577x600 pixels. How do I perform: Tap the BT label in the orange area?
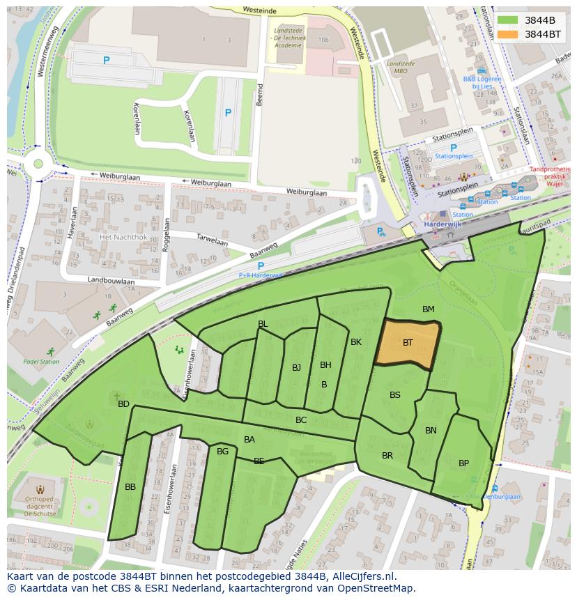point(408,342)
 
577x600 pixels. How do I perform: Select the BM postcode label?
point(428,309)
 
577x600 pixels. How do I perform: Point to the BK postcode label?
point(356,341)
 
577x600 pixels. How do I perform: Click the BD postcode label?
point(123,403)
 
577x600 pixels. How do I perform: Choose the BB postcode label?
point(130,486)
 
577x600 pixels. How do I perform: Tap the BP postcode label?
point(463,463)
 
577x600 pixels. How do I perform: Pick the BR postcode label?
point(387,455)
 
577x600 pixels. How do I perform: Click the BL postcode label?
point(263,323)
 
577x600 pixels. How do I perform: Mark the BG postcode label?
point(222,451)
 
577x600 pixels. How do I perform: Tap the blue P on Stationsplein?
point(454,148)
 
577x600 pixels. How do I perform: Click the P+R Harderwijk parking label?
point(259,275)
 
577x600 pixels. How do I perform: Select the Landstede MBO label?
point(400,67)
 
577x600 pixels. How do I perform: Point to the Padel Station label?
point(41,362)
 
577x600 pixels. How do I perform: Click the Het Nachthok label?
point(123,237)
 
